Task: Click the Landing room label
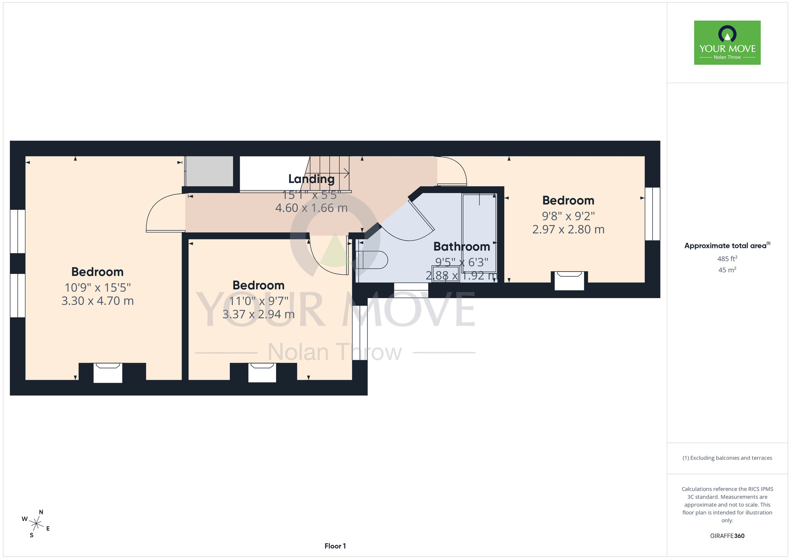(311, 179)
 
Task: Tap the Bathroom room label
(462, 247)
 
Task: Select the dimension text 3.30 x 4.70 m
(98, 301)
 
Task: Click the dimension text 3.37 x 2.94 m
(259, 314)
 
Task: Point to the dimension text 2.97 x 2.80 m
(568, 229)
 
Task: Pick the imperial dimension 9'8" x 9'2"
(568, 216)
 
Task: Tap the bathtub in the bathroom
(479, 237)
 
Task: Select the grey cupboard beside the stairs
(209, 171)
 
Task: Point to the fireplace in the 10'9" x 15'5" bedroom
(108, 373)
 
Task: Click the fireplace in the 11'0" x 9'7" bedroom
(262, 372)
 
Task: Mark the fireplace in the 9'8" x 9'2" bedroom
(570, 281)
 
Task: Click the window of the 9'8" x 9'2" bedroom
(653, 214)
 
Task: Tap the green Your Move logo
(727, 43)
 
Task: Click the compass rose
(36, 524)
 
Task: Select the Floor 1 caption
(335, 546)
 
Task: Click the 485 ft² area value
(727, 259)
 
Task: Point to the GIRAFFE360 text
(727, 536)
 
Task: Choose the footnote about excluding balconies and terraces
(727, 458)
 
